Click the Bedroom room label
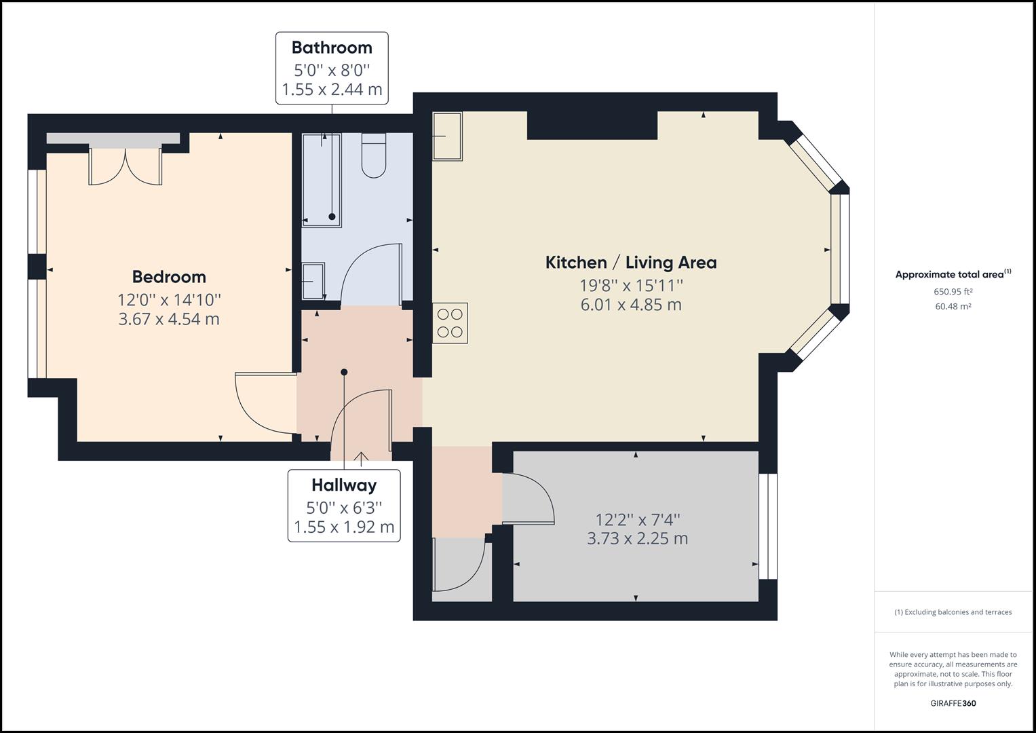169,277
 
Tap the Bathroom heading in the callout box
332,48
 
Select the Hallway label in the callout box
344,485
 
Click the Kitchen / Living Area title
631,263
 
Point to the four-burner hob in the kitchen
450,323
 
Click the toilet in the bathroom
374,155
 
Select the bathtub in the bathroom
322,180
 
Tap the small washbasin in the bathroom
313,281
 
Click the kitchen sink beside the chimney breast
447,136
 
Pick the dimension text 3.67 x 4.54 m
169,319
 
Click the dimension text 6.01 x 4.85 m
631,305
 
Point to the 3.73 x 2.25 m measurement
637,539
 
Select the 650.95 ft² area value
953,292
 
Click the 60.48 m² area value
953,306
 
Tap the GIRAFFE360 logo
953,703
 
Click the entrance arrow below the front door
361,457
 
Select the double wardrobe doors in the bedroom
126,166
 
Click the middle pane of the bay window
840,250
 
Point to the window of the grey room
768,526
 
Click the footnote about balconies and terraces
953,612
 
